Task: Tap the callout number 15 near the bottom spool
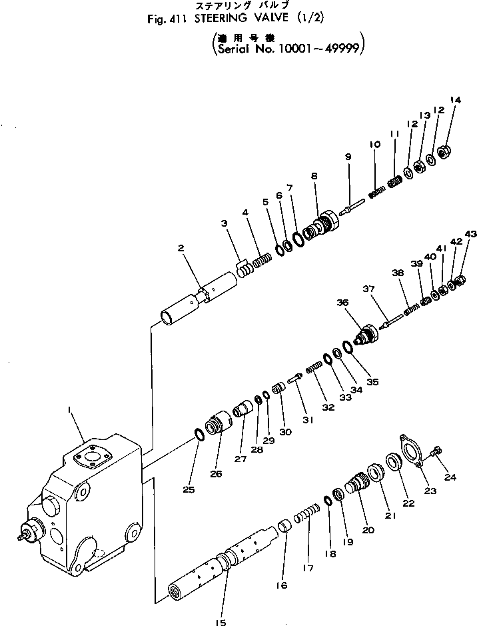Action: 221,623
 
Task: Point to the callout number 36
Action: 342,303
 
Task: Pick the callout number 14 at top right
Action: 455,101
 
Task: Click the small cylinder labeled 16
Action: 284,526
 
